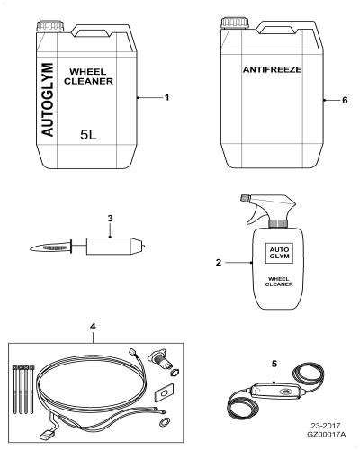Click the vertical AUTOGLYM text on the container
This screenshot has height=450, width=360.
(x=48, y=100)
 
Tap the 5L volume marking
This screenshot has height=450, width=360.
(x=88, y=135)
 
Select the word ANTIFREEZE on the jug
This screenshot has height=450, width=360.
(x=272, y=69)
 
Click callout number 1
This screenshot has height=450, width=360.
(x=167, y=97)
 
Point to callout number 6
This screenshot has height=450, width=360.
(x=345, y=100)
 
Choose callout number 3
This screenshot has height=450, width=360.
(x=110, y=219)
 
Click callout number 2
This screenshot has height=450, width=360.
(x=219, y=263)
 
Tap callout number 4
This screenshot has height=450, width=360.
(x=93, y=327)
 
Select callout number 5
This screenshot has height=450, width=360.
(x=274, y=364)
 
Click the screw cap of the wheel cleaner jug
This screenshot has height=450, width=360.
(x=50, y=26)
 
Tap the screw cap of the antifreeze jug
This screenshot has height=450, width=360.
(x=235, y=23)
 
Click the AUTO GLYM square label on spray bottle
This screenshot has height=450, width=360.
(x=279, y=253)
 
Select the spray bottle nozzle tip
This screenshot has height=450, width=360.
(x=245, y=198)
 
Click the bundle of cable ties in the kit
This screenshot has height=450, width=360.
(x=22, y=389)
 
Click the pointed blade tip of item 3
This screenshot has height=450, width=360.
(x=31, y=248)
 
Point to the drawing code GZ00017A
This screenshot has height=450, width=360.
(x=326, y=434)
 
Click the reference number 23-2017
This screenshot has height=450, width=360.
(x=326, y=426)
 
